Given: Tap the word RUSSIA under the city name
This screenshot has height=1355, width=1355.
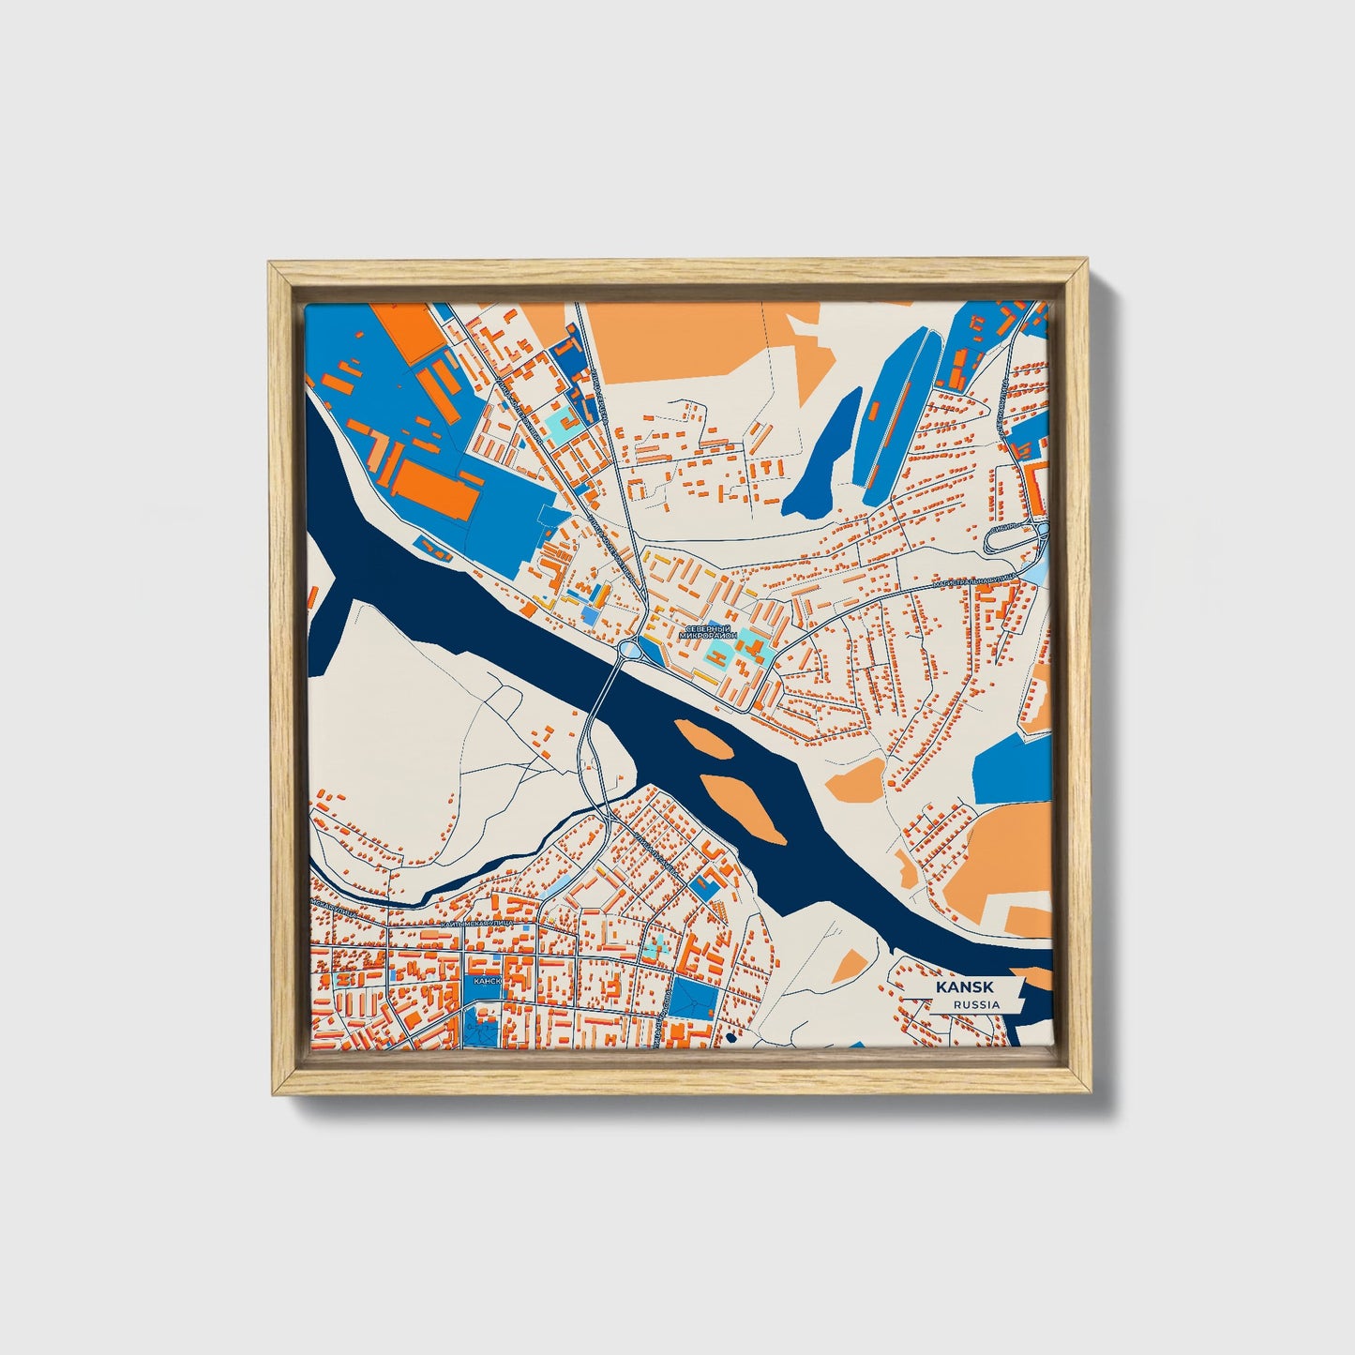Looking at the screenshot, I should (x=975, y=1004).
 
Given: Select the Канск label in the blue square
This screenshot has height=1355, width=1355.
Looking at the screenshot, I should (x=487, y=980).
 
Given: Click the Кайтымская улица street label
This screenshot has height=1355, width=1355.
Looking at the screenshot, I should (x=477, y=924).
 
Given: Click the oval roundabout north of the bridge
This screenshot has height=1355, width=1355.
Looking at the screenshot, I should (x=629, y=648).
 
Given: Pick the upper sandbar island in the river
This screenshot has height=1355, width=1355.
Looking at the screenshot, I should (x=703, y=737).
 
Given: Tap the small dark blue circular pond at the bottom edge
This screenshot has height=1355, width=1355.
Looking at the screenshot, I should (x=730, y=1038).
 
